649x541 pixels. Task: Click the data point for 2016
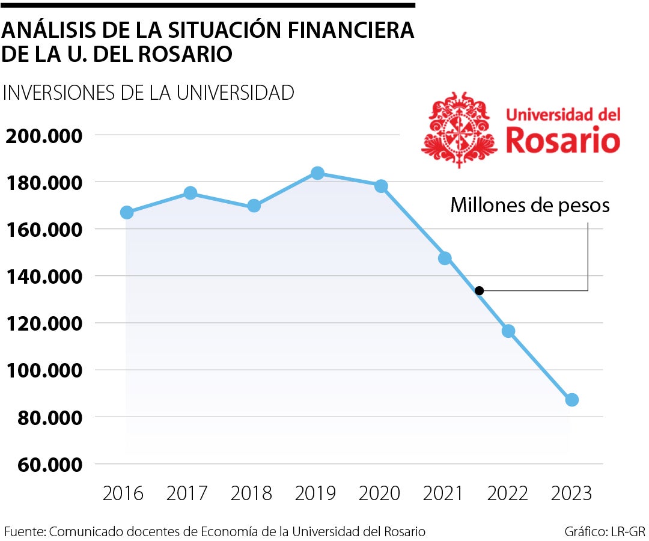point(127,212)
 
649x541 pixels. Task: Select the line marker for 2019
point(317,173)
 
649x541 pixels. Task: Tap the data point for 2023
point(571,400)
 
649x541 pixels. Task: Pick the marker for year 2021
point(445,258)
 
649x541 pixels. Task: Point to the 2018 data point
point(254,206)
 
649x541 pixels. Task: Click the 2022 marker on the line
point(508,331)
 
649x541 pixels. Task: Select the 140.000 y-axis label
point(43,277)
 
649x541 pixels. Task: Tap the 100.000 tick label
point(43,370)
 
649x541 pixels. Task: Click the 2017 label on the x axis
point(187,494)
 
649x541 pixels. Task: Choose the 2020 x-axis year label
point(379,494)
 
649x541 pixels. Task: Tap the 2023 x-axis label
point(571,494)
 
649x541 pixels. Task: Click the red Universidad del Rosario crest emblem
point(459,129)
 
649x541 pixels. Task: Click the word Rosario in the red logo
point(563,141)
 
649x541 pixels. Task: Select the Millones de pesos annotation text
point(530,206)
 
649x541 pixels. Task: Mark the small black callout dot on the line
point(479,291)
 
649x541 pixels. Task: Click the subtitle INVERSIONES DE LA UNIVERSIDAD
point(148,93)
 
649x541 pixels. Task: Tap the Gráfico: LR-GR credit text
point(605,531)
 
